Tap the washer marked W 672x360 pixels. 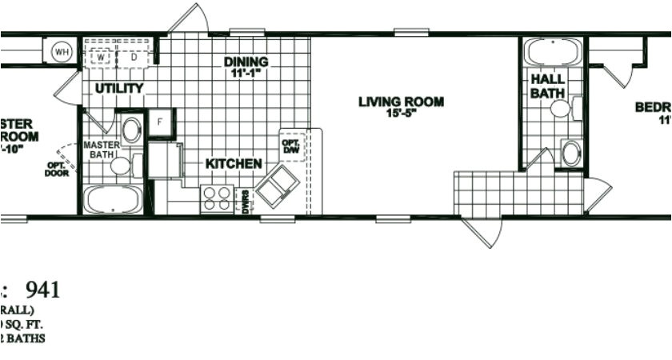[102, 57]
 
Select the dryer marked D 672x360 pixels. [133, 57]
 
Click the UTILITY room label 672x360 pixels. [119, 88]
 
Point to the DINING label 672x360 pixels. [246, 62]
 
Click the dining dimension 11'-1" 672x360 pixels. [246, 73]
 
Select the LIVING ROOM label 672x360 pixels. [401, 102]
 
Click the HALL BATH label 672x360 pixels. [548, 86]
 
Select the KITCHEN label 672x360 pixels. [234, 164]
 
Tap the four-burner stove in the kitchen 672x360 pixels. [217, 198]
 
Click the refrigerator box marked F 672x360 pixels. [160, 122]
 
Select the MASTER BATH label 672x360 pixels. [102, 150]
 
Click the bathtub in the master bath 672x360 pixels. [113, 199]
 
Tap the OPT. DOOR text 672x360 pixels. [57, 168]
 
